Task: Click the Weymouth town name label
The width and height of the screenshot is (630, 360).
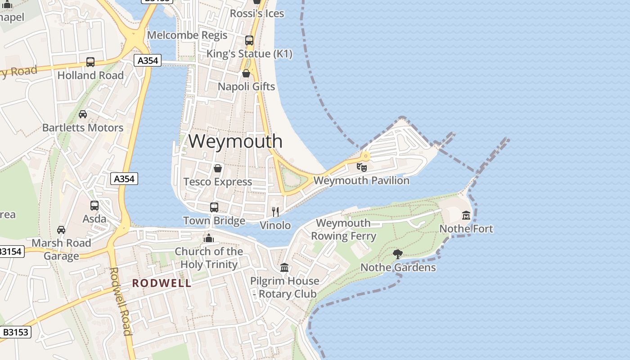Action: pyautogui.click(x=235, y=141)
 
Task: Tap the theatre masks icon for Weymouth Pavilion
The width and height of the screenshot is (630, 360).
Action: pyautogui.click(x=361, y=167)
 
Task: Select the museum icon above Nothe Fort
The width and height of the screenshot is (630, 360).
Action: pyautogui.click(x=466, y=216)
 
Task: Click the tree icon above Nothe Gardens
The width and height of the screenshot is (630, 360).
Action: pyautogui.click(x=398, y=254)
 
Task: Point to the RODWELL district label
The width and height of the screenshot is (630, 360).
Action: pyautogui.click(x=162, y=283)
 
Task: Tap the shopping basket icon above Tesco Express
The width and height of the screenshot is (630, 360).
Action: pyautogui.click(x=218, y=169)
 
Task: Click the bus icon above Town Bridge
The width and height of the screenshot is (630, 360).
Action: pyautogui.click(x=214, y=207)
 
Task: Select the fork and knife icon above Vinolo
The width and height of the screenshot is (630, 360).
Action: pyautogui.click(x=275, y=211)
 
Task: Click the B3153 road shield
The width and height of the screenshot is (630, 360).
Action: pyautogui.click(x=16, y=333)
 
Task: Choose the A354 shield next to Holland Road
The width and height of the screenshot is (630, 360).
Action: pyautogui.click(x=148, y=61)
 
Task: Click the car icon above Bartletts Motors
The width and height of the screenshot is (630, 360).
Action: pyautogui.click(x=83, y=114)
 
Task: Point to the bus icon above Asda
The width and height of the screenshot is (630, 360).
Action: pyautogui.click(x=94, y=206)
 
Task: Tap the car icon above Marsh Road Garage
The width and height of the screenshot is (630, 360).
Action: pyautogui.click(x=61, y=230)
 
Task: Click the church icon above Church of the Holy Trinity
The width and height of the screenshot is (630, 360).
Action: pyautogui.click(x=209, y=238)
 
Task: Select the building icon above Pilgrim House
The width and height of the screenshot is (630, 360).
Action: pyautogui.click(x=284, y=268)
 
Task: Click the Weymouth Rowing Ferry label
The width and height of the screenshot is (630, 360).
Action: pyautogui.click(x=343, y=229)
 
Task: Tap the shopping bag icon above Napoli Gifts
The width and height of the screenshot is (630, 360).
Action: pyautogui.click(x=246, y=73)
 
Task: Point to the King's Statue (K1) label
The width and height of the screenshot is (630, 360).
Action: pyautogui.click(x=249, y=54)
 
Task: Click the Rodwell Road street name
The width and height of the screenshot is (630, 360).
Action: pyautogui.click(x=121, y=301)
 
